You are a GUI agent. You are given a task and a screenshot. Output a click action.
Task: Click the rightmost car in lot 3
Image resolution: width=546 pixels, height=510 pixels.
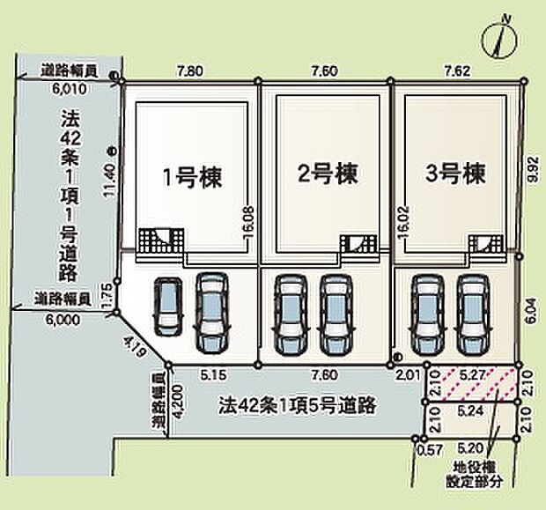coord(471,313)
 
